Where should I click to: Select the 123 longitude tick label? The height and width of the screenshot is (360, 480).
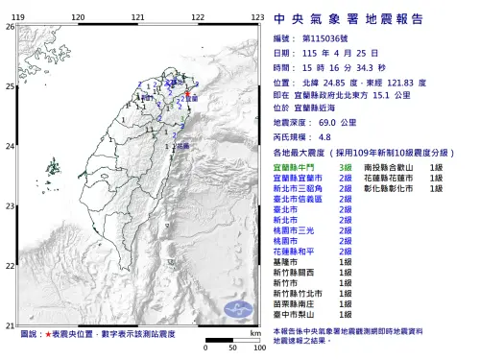coord(257,18)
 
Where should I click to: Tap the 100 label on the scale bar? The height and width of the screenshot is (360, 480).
coord(258,347)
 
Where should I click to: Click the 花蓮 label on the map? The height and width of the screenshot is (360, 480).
coord(184,145)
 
